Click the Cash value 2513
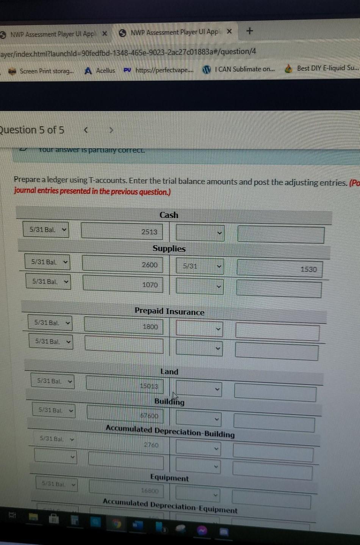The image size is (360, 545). tap(149, 232)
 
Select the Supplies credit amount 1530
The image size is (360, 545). tap(308, 269)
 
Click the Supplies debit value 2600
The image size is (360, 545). tap(149, 265)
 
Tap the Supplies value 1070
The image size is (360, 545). tap(150, 285)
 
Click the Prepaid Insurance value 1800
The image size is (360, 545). tap(150, 326)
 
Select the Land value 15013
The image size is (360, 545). tap(149, 386)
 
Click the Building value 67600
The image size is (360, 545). tap(149, 415)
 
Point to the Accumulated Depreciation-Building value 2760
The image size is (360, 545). tap(151, 445)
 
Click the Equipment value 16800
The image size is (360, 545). tap(150, 490)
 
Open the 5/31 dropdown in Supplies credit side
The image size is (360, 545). tap(200, 266)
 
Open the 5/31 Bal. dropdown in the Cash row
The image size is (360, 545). tap(46, 230)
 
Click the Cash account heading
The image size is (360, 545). tap(169, 215)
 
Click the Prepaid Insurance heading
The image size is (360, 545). tap(169, 311)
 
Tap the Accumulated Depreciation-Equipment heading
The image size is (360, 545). tap(170, 506)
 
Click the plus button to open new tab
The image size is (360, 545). tap(249, 31)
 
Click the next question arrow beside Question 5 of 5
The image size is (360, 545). tap(111, 131)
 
